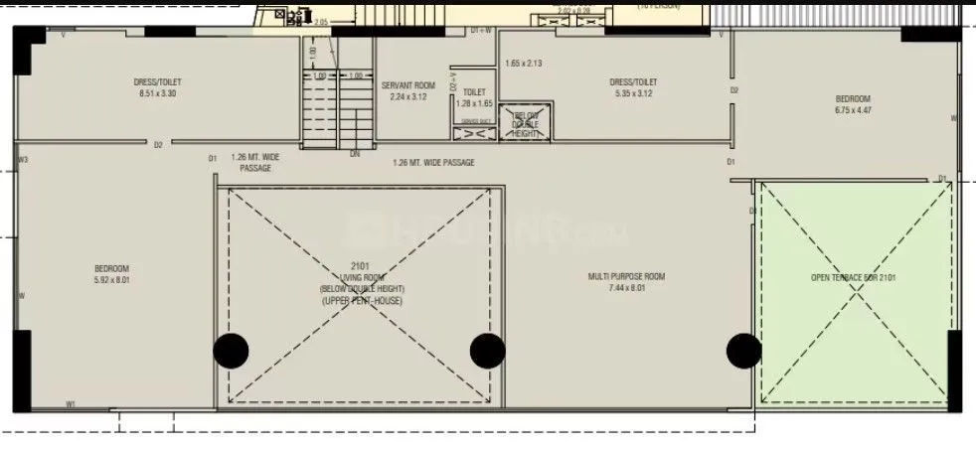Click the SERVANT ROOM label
pyautogui.click(x=407, y=85)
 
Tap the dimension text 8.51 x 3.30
pyautogui.click(x=158, y=93)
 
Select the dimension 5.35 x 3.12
pyautogui.click(x=632, y=93)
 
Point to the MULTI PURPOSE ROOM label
pyautogui.click(x=626, y=276)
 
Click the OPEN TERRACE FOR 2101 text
pyautogui.click(x=853, y=278)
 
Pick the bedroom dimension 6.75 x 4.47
pyautogui.click(x=852, y=110)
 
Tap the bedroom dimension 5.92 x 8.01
pyautogui.click(x=111, y=280)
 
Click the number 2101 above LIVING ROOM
pyautogui.click(x=360, y=266)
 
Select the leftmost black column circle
pyautogui.click(x=232, y=350)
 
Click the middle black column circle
pyautogui.click(x=487, y=350)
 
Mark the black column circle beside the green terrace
pyautogui.click(x=743, y=350)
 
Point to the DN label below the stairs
pyautogui.click(x=355, y=154)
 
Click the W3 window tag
pyautogui.click(x=22, y=160)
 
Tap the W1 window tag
pyautogui.click(x=71, y=403)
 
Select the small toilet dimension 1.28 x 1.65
pyautogui.click(x=474, y=103)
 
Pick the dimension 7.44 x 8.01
pyautogui.click(x=626, y=288)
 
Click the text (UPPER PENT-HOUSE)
pyautogui.click(x=362, y=300)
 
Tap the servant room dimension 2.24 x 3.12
pyautogui.click(x=407, y=97)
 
